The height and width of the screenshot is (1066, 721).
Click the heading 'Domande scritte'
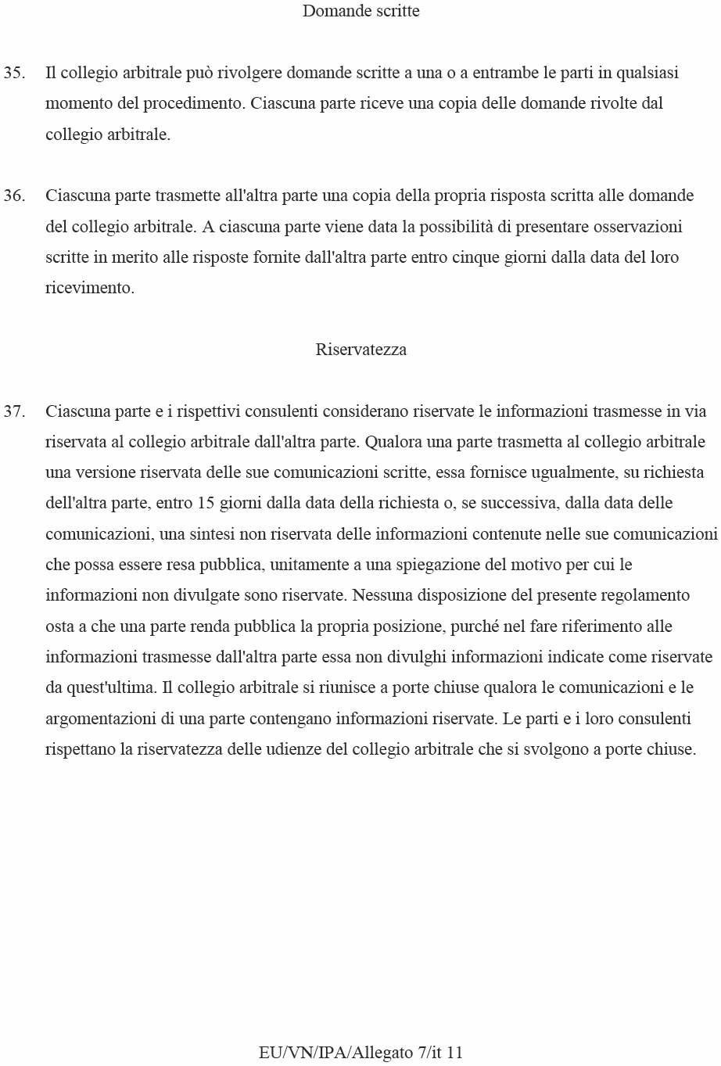[x=360, y=11]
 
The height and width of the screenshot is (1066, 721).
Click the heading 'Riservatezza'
[x=360, y=350]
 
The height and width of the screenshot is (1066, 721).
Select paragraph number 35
[x=14, y=73]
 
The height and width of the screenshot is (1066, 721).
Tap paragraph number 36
[x=14, y=196]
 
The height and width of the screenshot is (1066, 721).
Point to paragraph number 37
[x=14, y=411]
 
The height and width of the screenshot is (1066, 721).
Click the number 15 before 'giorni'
[x=206, y=503]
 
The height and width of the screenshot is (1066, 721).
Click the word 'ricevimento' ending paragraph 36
[x=88, y=288]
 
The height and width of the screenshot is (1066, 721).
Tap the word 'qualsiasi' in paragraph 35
[x=647, y=73]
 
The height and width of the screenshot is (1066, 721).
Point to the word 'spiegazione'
[x=439, y=565]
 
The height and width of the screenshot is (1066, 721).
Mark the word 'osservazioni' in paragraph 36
[x=637, y=227]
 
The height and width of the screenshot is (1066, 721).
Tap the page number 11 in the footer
[x=454, y=1053]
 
